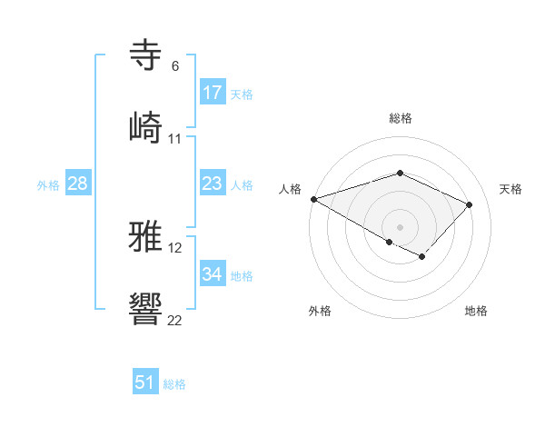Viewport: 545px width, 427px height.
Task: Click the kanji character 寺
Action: click(146, 54)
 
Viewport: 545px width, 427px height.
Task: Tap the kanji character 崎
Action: click(146, 126)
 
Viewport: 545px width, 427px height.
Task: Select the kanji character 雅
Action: click(146, 237)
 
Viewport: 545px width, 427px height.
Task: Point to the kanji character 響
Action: click(146, 309)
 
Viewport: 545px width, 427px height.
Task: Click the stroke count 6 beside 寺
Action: click(175, 65)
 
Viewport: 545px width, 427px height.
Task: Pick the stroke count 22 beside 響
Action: click(175, 321)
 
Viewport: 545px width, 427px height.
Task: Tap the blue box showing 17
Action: click(213, 93)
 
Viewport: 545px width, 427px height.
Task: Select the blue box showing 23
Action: click(213, 184)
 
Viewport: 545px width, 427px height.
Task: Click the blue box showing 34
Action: click(213, 274)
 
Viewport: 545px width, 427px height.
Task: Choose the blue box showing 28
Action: click(78, 184)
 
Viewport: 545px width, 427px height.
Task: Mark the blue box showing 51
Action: click(145, 382)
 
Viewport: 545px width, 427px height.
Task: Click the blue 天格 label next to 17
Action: click(242, 94)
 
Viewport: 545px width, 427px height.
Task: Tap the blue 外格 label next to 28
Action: click(48, 185)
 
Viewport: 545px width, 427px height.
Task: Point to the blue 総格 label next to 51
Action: click(174, 383)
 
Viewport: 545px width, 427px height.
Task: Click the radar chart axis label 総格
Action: click(401, 118)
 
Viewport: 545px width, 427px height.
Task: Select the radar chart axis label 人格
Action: click(291, 189)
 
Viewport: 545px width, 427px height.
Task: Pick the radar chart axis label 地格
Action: click(476, 312)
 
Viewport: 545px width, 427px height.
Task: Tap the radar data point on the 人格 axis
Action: click(313, 199)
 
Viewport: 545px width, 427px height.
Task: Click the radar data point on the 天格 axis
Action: click(470, 204)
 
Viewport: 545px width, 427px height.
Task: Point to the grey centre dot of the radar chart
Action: click(400, 226)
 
